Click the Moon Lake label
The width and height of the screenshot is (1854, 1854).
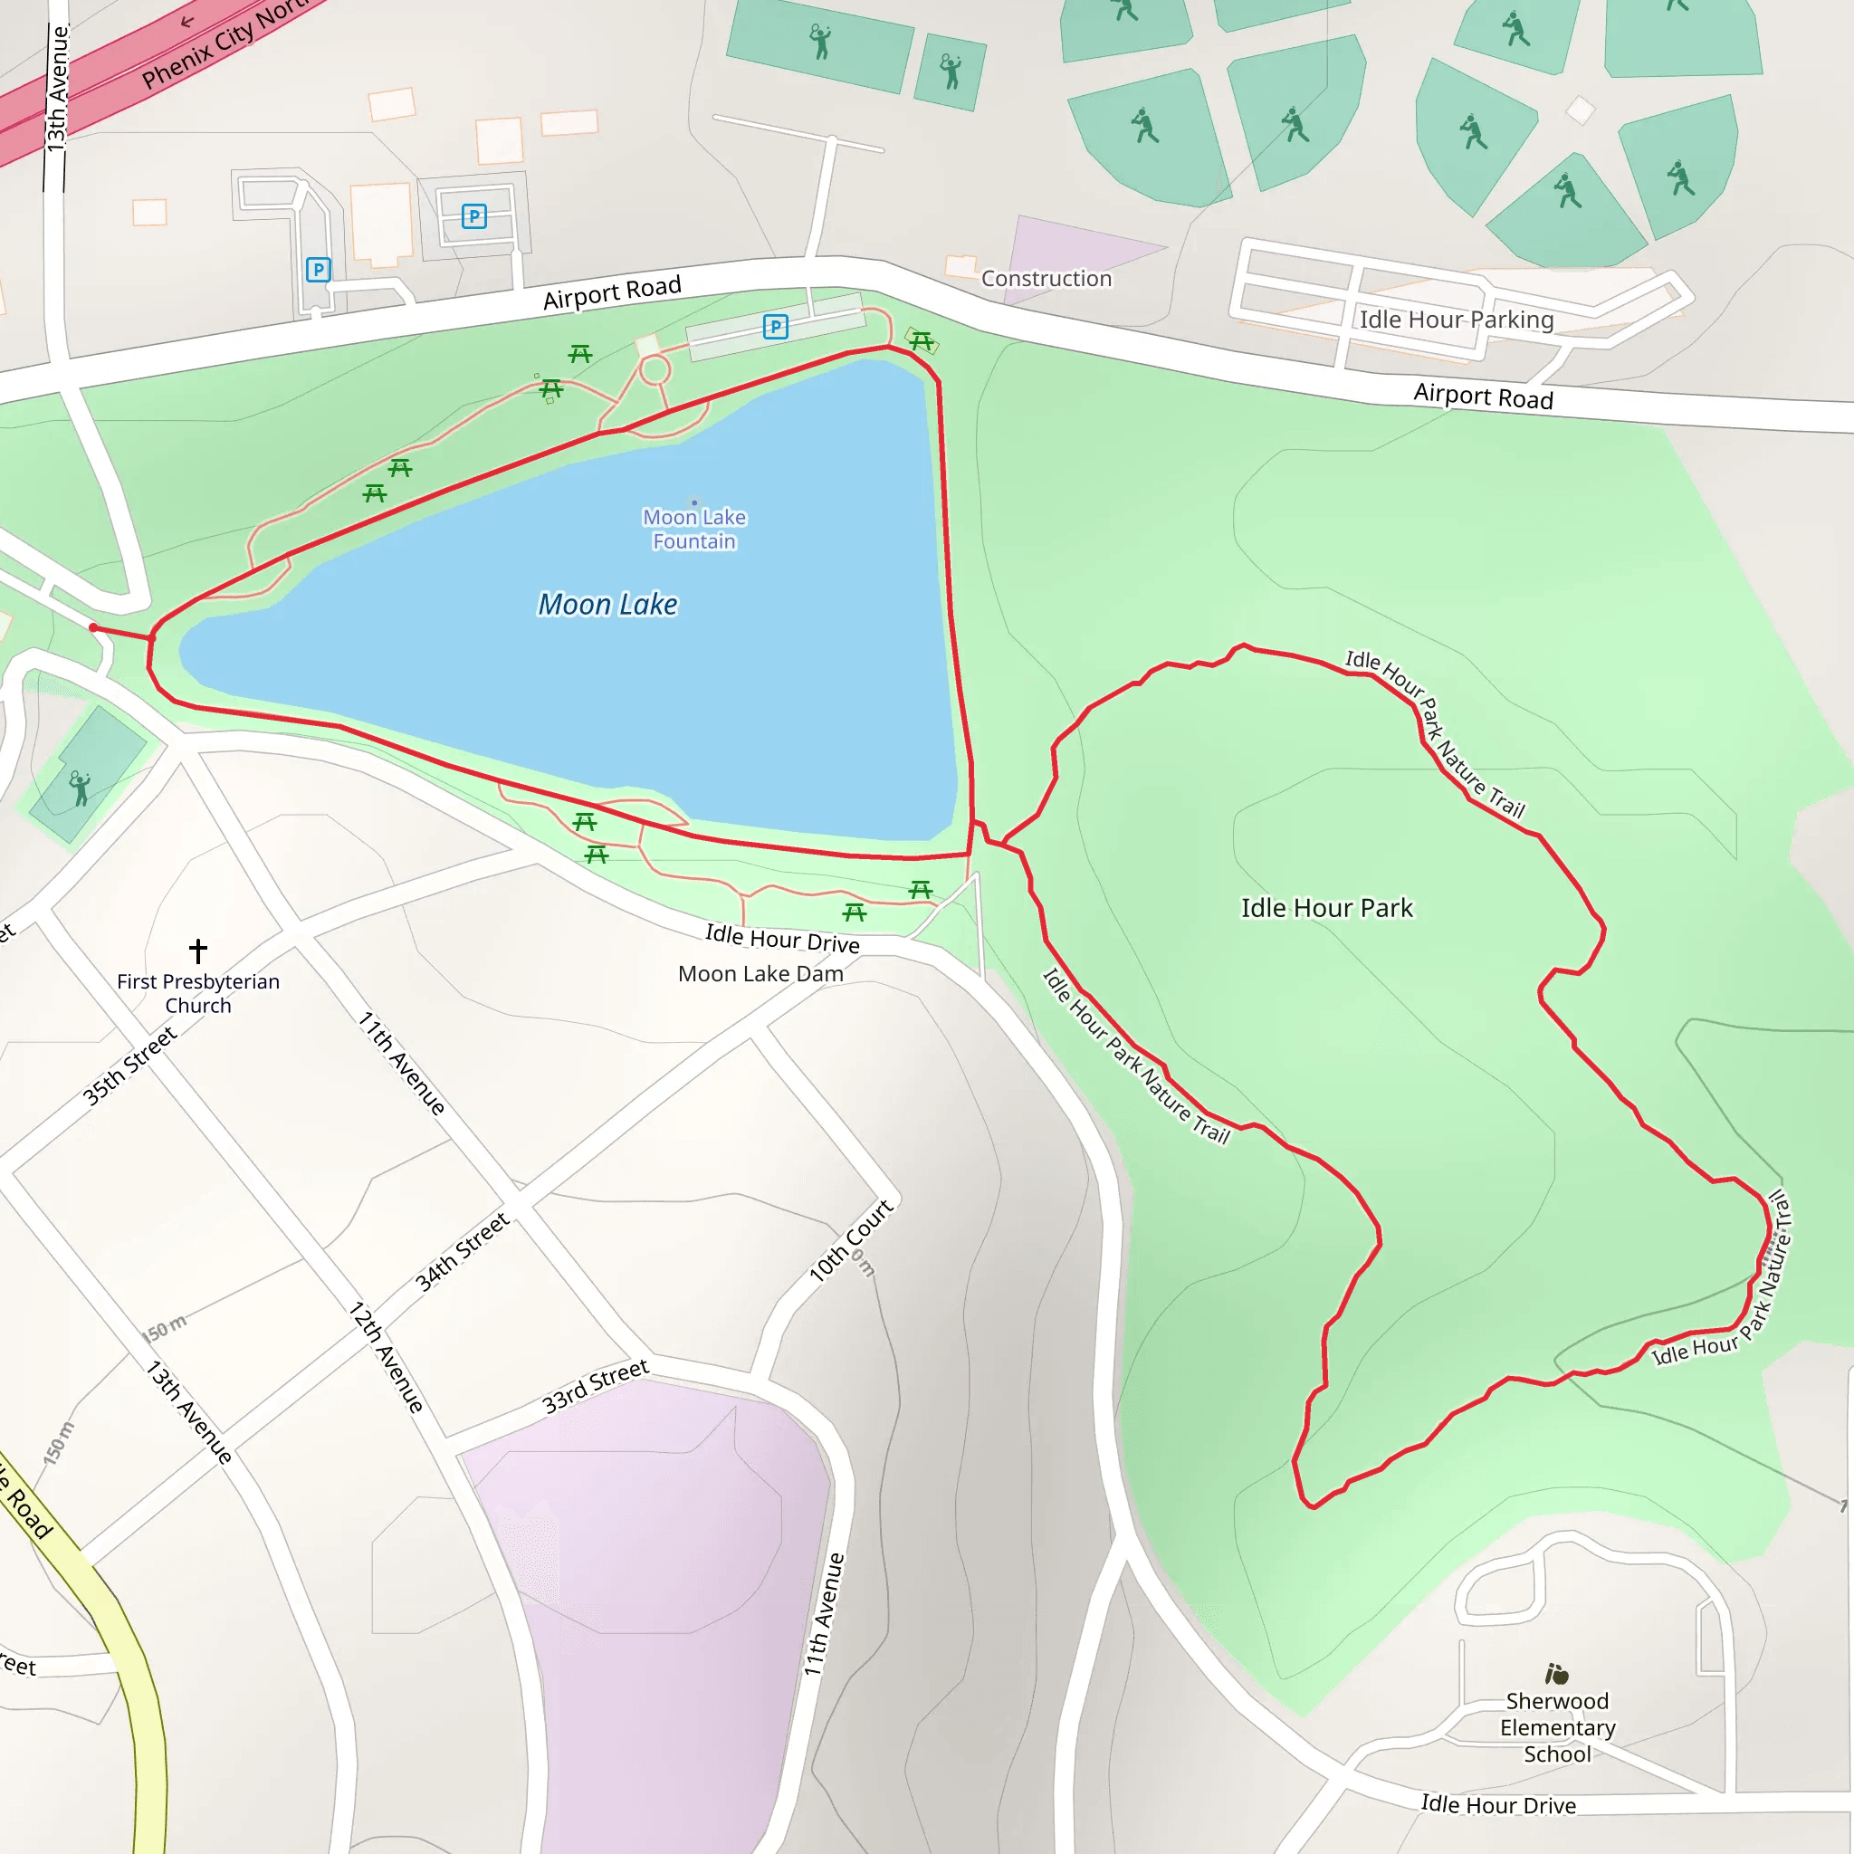(607, 605)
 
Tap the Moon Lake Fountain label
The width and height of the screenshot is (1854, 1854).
(693, 529)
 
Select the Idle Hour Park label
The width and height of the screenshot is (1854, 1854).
(1326, 908)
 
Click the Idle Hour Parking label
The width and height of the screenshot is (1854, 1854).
(1456, 320)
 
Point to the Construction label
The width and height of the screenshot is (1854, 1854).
(1046, 278)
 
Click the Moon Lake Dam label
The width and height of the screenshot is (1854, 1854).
(760, 974)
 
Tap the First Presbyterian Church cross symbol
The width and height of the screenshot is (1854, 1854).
(197, 951)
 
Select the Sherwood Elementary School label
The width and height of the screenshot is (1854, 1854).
(1557, 1727)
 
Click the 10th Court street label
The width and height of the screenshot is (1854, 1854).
(850, 1240)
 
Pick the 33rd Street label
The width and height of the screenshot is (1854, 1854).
(595, 1386)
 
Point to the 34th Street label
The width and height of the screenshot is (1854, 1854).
(462, 1252)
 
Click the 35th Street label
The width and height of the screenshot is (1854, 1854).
(129, 1066)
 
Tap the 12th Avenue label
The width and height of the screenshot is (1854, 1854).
(386, 1357)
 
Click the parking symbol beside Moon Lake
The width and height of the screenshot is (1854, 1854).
(776, 327)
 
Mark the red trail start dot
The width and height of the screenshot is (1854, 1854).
(93, 627)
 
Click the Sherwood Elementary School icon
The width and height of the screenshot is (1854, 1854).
(1556, 1675)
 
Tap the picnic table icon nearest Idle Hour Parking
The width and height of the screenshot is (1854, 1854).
(922, 340)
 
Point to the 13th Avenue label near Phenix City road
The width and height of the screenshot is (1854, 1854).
(58, 89)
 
